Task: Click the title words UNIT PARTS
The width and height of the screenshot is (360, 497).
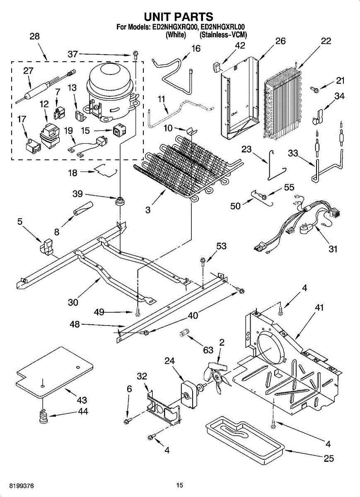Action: pyautogui.click(x=179, y=17)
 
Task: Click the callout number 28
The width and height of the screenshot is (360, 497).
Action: pyautogui.click(x=35, y=36)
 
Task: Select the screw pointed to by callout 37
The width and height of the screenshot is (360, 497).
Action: pyautogui.click(x=135, y=54)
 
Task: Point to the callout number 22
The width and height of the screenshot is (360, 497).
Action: pyautogui.click(x=326, y=41)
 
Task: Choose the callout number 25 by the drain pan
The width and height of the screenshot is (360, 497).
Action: pyautogui.click(x=329, y=458)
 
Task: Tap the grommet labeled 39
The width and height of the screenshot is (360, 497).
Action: pyautogui.click(x=120, y=201)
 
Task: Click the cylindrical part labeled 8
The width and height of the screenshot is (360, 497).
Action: pyautogui.click(x=83, y=209)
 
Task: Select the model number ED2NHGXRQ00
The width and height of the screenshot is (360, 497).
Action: pyautogui.click(x=174, y=27)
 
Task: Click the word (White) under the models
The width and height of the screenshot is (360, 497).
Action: pyautogui.click(x=176, y=35)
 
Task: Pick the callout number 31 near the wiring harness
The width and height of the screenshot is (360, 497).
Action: pyautogui.click(x=333, y=249)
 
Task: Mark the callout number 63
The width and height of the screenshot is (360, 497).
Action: pyautogui.click(x=208, y=350)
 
